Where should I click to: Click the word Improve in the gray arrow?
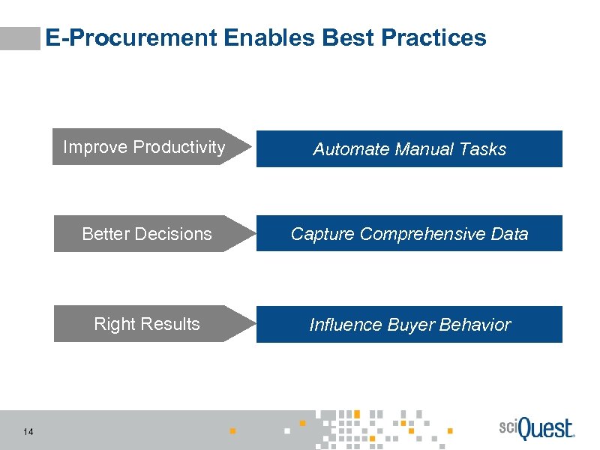95,147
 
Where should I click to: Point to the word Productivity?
178,147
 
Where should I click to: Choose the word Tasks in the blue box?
484,149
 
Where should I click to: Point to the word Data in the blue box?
509,234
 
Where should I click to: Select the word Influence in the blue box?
346,325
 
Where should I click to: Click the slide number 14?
28,431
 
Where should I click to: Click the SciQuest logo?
535,428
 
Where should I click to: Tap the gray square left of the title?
20,38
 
